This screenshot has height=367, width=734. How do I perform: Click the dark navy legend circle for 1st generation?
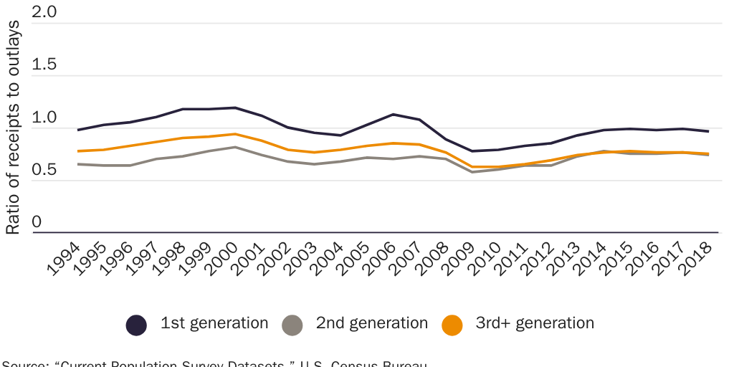pos(136,325)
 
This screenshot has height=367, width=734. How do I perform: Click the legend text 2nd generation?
pos(371,323)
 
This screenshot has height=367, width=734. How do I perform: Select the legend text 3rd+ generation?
pos(535,323)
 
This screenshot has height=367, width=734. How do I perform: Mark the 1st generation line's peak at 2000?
pos(235,108)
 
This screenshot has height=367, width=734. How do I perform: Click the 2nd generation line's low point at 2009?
pos(472,172)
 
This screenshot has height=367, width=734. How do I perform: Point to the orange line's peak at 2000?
pos(235,134)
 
